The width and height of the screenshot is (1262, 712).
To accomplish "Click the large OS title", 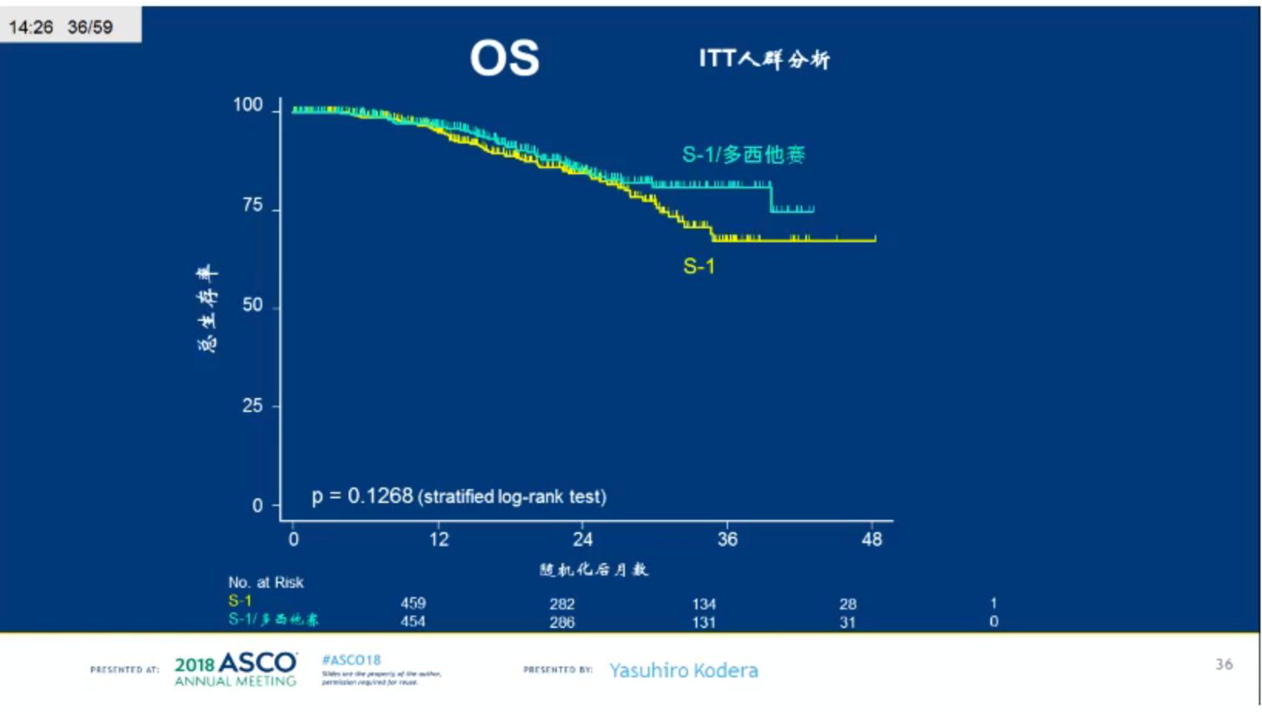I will pyautogui.click(x=504, y=59).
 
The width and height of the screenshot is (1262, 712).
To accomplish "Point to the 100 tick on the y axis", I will pyautogui.click(x=248, y=105).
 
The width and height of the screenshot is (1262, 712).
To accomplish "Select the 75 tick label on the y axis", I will pyautogui.click(x=252, y=205).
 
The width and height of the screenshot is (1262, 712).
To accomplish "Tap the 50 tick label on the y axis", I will pyautogui.click(x=252, y=305).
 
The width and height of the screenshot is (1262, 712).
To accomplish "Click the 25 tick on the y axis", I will pyautogui.click(x=252, y=405).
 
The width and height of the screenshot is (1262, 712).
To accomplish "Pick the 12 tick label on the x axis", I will pyautogui.click(x=439, y=539).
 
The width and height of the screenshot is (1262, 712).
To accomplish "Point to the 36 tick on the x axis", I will pyautogui.click(x=727, y=539).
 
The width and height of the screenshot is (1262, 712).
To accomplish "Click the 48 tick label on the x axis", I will pyautogui.click(x=872, y=539).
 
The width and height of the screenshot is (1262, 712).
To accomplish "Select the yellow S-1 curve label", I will pyautogui.click(x=699, y=267).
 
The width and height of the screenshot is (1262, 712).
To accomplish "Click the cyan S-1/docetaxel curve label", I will pyautogui.click(x=743, y=155).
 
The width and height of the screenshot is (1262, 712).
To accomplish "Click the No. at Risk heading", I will pyautogui.click(x=265, y=582).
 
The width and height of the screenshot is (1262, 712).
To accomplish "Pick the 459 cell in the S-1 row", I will pyautogui.click(x=413, y=603).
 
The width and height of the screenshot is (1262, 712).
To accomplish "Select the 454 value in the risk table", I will pyautogui.click(x=413, y=622).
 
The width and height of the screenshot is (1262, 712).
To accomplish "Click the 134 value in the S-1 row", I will pyautogui.click(x=704, y=604).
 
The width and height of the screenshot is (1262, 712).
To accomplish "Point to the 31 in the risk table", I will pyautogui.click(x=848, y=622).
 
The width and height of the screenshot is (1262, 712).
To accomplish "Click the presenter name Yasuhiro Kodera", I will pyautogui.click(x=683, y=670).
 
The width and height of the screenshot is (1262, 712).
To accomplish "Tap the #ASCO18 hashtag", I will pyautogui.click(x=351, y=660).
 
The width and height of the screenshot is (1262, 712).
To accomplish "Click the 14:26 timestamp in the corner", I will pyautogui.click(x=31, y=27).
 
